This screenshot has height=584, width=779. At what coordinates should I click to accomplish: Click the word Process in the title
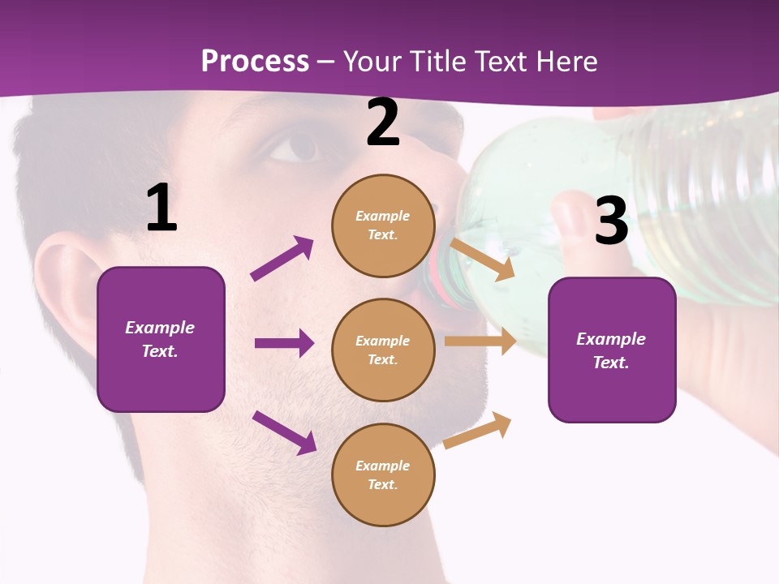pos(255,62)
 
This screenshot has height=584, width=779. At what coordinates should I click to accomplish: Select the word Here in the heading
pos(564,62)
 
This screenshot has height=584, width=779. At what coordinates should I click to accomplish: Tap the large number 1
pos(161,208)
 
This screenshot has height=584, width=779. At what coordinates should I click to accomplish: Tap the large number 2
pos(383,122)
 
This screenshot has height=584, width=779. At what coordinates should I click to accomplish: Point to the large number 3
pos(611,221)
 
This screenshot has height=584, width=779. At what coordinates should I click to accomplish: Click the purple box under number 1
pos(161,339)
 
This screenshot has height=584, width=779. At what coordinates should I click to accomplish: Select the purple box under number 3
pos(612,350)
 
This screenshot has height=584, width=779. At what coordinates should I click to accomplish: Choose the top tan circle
pos(383,225)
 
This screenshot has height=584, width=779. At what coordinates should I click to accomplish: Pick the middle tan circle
pos(383,350)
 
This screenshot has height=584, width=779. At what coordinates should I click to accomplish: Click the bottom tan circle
pos(383,474)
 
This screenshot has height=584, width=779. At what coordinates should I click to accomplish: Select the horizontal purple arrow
pos(284,343)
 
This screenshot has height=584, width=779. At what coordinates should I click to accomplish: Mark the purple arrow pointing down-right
pos(284,432)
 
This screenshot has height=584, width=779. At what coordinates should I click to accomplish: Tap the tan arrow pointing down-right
pos(482,259)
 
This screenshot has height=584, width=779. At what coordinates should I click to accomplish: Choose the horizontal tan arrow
pos(480,341)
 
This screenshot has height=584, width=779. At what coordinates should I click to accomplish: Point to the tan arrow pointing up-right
pos(478,431)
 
